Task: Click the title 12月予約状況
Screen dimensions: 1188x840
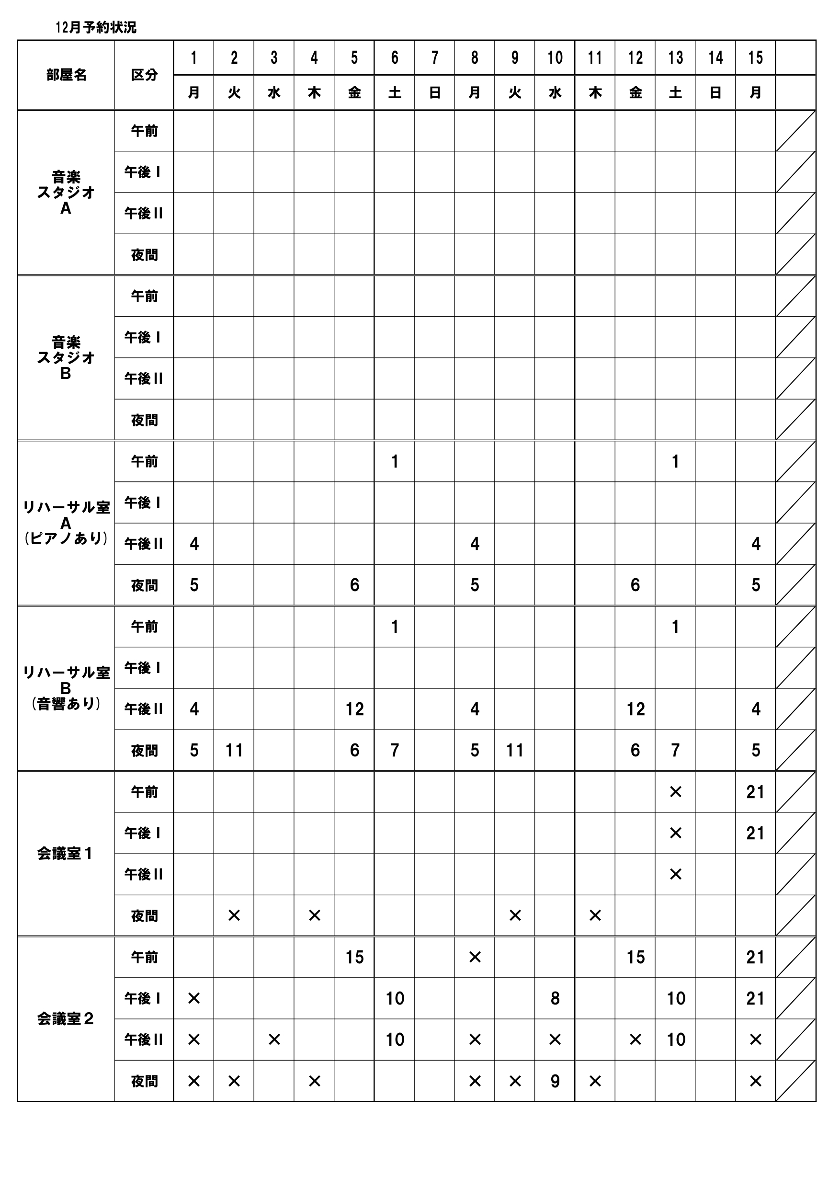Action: click(x=96, y=27)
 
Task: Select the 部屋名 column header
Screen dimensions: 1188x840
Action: click(x=66, y=75)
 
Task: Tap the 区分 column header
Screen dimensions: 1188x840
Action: click(x=144, y=75)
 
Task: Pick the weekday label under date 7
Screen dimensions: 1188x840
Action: click(x=434, y=92)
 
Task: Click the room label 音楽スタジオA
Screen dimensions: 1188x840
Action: click(x=66, y=193)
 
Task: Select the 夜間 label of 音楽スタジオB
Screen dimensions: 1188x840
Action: click(x=144, y=420)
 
